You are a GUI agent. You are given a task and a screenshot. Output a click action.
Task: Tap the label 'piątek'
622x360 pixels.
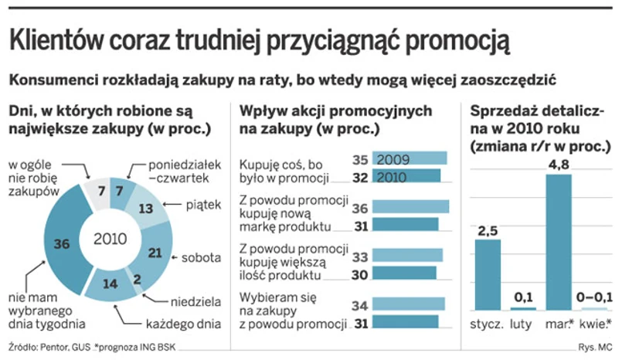coord(203,205)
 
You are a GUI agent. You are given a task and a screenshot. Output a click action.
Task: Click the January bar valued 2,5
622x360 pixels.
coord(487,273)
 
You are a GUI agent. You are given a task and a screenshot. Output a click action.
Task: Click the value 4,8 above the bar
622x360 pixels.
coord(559,163)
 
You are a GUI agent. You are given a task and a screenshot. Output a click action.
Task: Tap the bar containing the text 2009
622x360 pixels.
coord(410,160)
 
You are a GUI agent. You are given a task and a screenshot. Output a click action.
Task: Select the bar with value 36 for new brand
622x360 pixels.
coord(410,206)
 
